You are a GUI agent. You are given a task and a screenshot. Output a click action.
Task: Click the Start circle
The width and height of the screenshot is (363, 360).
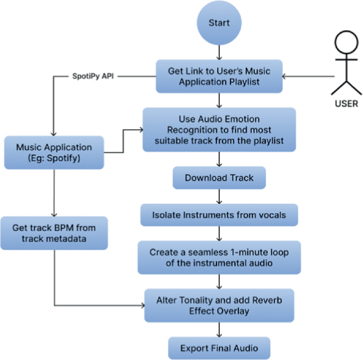point(219,23)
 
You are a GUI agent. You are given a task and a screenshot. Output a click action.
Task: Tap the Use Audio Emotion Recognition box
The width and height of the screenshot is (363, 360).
point(219,129)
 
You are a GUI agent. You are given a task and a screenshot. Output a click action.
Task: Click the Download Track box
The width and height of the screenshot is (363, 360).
point(219,178)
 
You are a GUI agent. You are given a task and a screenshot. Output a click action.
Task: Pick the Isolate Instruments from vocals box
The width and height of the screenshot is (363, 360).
point(219,215)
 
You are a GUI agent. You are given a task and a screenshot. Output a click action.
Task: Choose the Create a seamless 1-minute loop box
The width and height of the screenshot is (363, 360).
point(219,258)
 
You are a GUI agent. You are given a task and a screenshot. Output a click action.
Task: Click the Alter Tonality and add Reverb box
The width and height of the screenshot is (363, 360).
point(219,305)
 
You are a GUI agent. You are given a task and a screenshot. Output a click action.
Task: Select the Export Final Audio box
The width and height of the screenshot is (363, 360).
point(219,348)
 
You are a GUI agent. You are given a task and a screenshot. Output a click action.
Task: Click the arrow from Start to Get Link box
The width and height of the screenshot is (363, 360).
point(219,52)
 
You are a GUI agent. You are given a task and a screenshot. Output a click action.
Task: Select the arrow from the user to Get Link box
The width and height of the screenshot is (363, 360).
point(307,76)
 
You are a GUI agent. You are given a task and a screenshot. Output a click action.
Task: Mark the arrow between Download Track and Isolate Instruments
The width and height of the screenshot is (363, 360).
point(219,197)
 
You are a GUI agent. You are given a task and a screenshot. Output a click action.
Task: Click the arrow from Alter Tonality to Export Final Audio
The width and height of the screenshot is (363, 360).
point(219,330)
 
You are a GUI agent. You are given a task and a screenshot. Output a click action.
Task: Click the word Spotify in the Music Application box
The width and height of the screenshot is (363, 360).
point(67,158)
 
